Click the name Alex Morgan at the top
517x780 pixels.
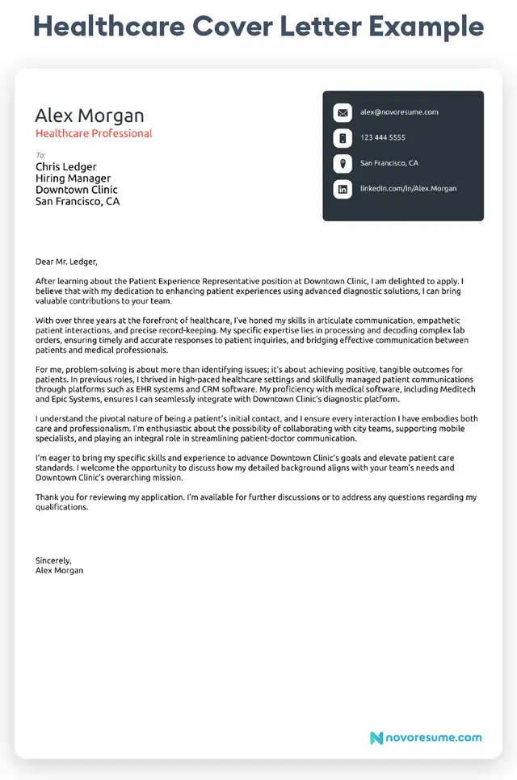point(90,115)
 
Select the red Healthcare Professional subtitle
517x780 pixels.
point(94,133)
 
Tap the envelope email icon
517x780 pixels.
point(343,113)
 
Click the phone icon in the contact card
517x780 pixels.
point(343,138)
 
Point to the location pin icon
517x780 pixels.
point(343,163)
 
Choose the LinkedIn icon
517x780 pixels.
point(343,189)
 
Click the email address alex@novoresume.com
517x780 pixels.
point(399,112)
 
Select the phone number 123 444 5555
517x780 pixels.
point(383,138)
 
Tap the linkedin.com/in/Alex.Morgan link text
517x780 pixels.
point(408,188)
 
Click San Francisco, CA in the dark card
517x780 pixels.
point(389,163)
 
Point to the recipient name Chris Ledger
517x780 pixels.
point(66,167)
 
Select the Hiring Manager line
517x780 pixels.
point(73,178)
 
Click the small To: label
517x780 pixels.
point(40,155)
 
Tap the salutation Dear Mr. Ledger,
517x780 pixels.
point(66,262)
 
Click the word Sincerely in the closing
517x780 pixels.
point(53,560)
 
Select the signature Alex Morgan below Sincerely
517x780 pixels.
point(59,570)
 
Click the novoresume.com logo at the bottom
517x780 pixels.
point(426,737)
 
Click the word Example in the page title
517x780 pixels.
point(427,27)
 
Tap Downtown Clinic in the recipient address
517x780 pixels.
point(77,190)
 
